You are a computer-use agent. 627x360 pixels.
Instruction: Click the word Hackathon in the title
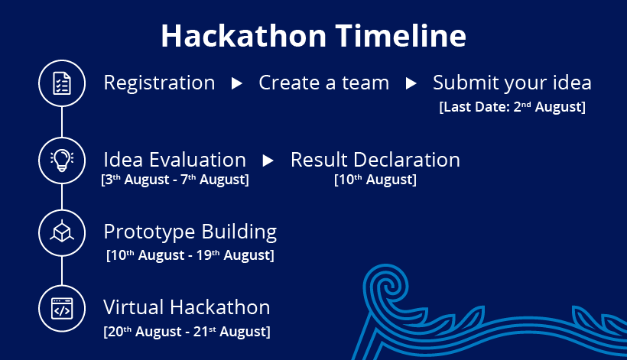(x=243, y=36)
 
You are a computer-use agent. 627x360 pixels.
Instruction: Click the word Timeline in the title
(x=401, y=36)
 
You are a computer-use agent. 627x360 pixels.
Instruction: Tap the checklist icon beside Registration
(x=62, y=83)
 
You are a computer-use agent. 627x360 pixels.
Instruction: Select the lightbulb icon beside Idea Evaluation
(x=62, y=161)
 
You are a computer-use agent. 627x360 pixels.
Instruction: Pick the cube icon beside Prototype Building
(x=62, y=232)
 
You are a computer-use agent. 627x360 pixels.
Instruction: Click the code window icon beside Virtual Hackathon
(x=62, y=309)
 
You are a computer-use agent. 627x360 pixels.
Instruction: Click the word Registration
(x=159, y=83)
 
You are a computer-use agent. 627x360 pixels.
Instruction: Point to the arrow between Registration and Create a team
(x=237, y=83)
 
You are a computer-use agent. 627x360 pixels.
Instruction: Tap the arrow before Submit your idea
(x=411, y=83)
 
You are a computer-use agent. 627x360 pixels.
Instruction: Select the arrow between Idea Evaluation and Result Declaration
(x=268, y=161)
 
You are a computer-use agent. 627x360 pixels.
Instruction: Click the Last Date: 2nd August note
(x=512, y=107)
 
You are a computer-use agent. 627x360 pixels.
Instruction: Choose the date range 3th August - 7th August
(x=175, y=180)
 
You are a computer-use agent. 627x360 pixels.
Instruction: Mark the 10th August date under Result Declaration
(x=375, y=180)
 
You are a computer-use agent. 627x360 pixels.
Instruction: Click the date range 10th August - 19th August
(x=190, y=255)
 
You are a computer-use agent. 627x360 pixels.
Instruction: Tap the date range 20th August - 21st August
(x=187, y=331)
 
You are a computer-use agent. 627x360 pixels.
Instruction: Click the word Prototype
(x=149, y=232)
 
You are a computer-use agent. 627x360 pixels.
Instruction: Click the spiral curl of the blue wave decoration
(x=385, y=286)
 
